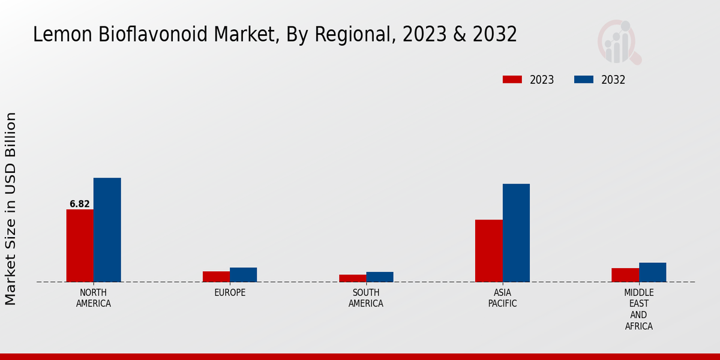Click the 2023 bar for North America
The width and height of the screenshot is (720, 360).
pos(80,245)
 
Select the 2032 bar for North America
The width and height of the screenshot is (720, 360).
pos(107,230)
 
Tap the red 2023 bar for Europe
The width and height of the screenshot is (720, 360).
pos(216,277)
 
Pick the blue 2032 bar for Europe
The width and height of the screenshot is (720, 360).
pos(243,275)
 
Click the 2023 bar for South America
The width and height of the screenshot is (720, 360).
pos(352,278)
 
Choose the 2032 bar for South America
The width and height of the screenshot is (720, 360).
pos(380,277)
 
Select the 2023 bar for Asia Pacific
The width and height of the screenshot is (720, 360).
pos(488,251)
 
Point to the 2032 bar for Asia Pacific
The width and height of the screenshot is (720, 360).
pos(516,233)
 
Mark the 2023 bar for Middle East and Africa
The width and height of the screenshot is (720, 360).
pos(625,275)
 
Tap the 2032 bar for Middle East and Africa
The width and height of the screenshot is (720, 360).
pos(652,272)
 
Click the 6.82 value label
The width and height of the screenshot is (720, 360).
pos(80,204)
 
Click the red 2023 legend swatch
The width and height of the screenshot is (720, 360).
pos(512,80)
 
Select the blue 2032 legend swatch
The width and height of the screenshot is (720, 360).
pos(584,80)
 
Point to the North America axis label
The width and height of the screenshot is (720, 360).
pos(94,298)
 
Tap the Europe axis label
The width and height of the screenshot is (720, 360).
pos(230,293)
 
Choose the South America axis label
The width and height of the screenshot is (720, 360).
pos(366,298)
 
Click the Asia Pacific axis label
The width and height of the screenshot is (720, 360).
pos(502,298)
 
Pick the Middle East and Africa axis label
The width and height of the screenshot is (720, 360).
pos(638,310)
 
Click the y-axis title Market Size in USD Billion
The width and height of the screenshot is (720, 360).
pos(11,208)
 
